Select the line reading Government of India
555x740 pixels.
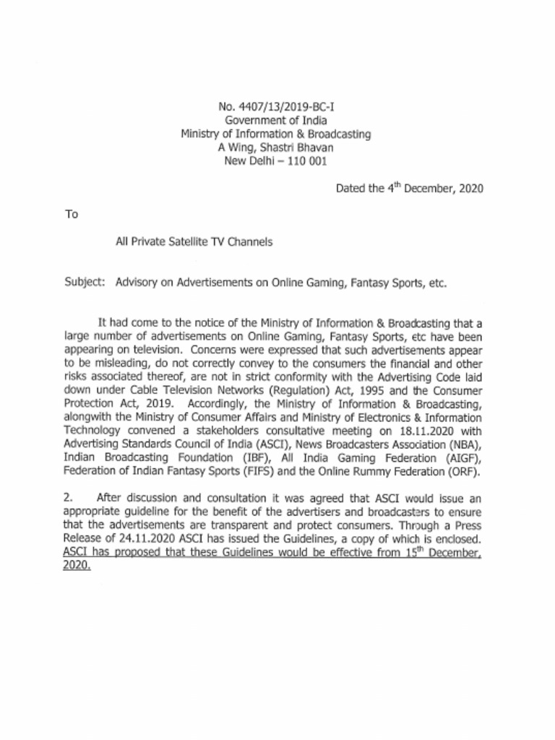275,121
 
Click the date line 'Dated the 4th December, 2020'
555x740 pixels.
409,189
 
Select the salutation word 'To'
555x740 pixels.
71,215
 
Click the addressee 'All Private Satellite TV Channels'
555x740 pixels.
194,242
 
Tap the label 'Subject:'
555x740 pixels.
85,283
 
